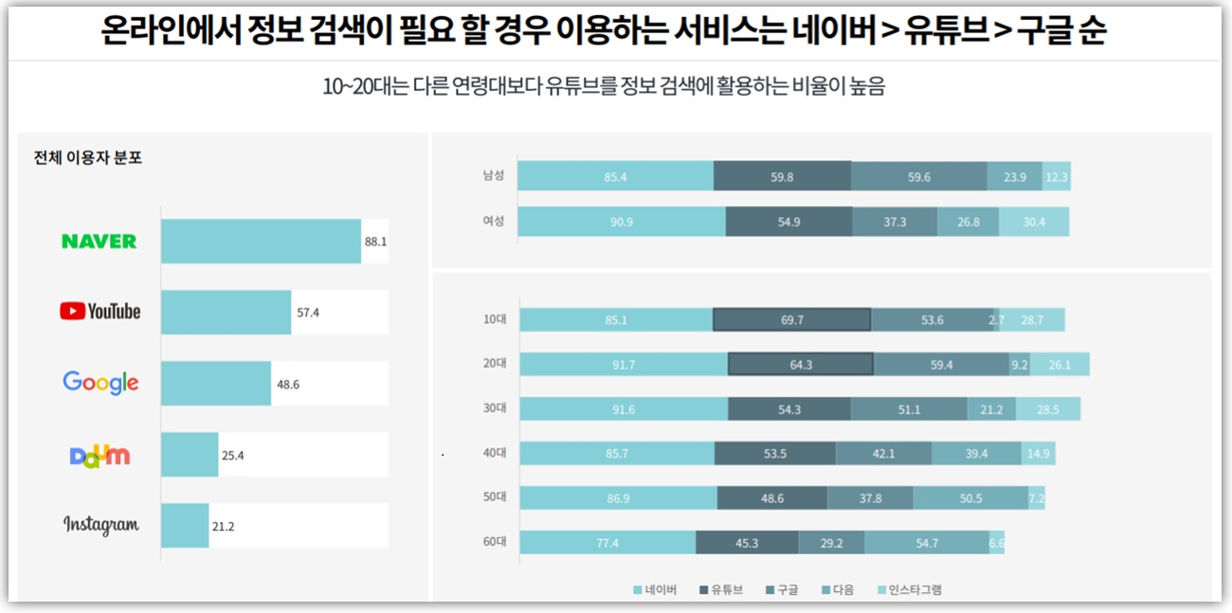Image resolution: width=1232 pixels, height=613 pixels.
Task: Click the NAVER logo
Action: point(100,242)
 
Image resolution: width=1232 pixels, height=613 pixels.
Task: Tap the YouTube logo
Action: point(100,312)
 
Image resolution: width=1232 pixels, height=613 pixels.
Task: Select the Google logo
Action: point(100,383)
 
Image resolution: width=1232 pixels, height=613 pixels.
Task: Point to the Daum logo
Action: point(100,455)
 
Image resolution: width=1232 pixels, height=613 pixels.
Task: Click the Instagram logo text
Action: point(100,525)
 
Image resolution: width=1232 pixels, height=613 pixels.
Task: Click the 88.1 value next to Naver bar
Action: point(375,242)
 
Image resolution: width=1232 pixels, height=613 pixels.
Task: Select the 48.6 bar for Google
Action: point(216,383)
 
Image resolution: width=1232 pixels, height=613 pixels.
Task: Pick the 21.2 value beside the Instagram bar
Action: point(223,526)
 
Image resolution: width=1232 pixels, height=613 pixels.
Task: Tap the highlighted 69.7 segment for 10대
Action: point(791,320)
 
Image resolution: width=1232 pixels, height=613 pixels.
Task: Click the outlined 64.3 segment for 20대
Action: point(801,365)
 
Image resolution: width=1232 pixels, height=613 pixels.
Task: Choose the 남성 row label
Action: point(493,176)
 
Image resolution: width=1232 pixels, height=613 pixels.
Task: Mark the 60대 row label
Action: point(494,543)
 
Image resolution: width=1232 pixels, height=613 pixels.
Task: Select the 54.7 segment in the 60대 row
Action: point(926,543)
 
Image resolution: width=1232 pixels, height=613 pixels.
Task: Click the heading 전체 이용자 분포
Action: point(88,158)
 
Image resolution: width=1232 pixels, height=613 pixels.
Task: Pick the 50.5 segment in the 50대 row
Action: point(970,498)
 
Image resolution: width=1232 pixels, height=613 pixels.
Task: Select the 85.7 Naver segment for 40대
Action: point(616,454)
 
